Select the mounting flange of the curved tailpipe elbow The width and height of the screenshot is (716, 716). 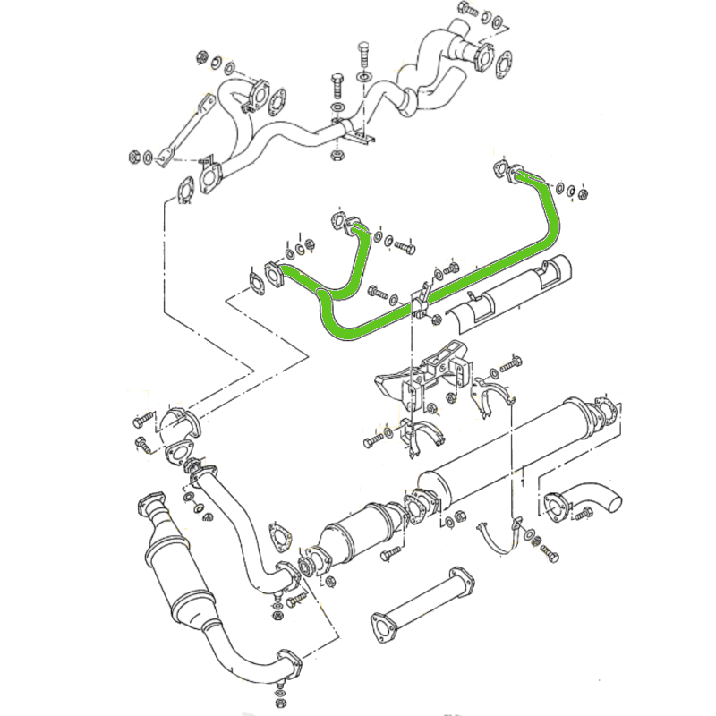(x=557, y=505)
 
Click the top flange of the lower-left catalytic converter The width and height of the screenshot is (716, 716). (x=147, y=502)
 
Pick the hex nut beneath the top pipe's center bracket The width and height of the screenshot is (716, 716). (x=338, y=156)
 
